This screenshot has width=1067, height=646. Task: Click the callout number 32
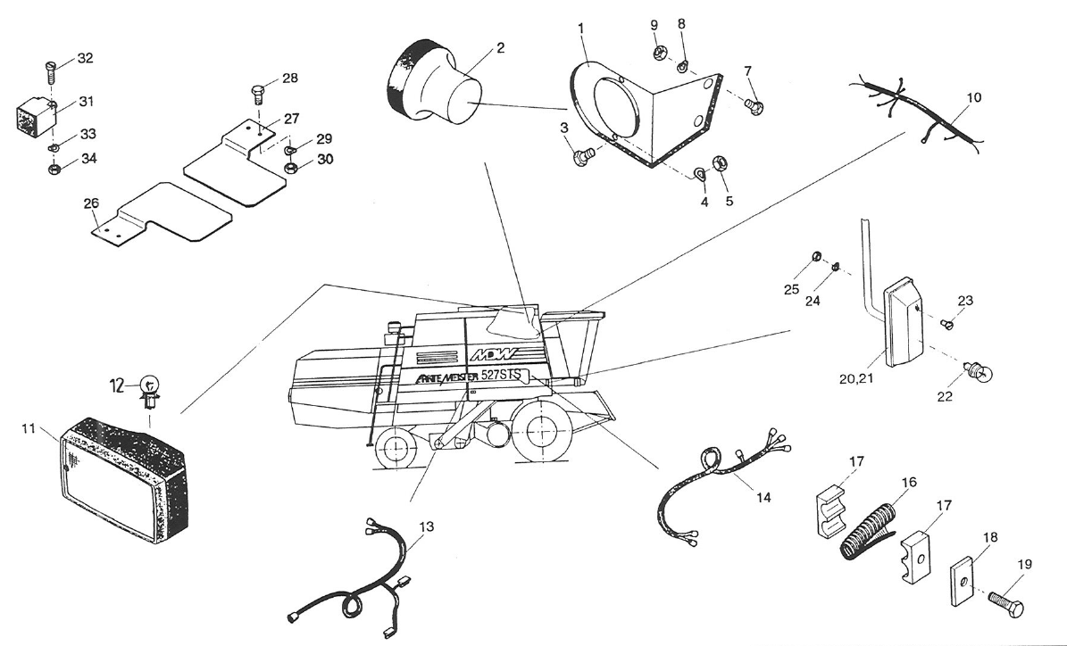click(85, 59)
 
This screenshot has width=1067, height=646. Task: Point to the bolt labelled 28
click(255, 93)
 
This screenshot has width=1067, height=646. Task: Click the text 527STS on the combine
click(504, 376)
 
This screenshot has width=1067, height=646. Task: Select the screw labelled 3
click(580, 160)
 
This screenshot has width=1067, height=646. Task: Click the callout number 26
click(91, 204)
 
